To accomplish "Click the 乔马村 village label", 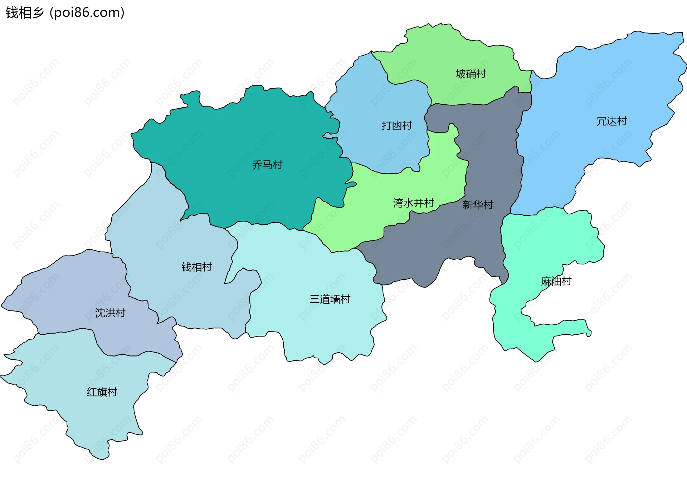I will [x=267, y=165].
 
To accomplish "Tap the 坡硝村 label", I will [x=471, y=74].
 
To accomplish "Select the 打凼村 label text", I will [x=397, y=125].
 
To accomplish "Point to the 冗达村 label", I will [x=612, y=121].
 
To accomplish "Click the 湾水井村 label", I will [x=413, y=203].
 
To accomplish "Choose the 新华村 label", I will [x=478, y=205].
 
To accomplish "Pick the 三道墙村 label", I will [x=330, y=299].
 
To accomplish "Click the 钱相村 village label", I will [x=196, y=267].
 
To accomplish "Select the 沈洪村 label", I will [x=110, y=313].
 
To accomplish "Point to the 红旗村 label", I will [x=102, y=392].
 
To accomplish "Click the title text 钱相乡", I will [x=24, y=13].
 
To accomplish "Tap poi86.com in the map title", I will [x=87, y=13].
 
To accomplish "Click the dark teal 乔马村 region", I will [x=233, y=136].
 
